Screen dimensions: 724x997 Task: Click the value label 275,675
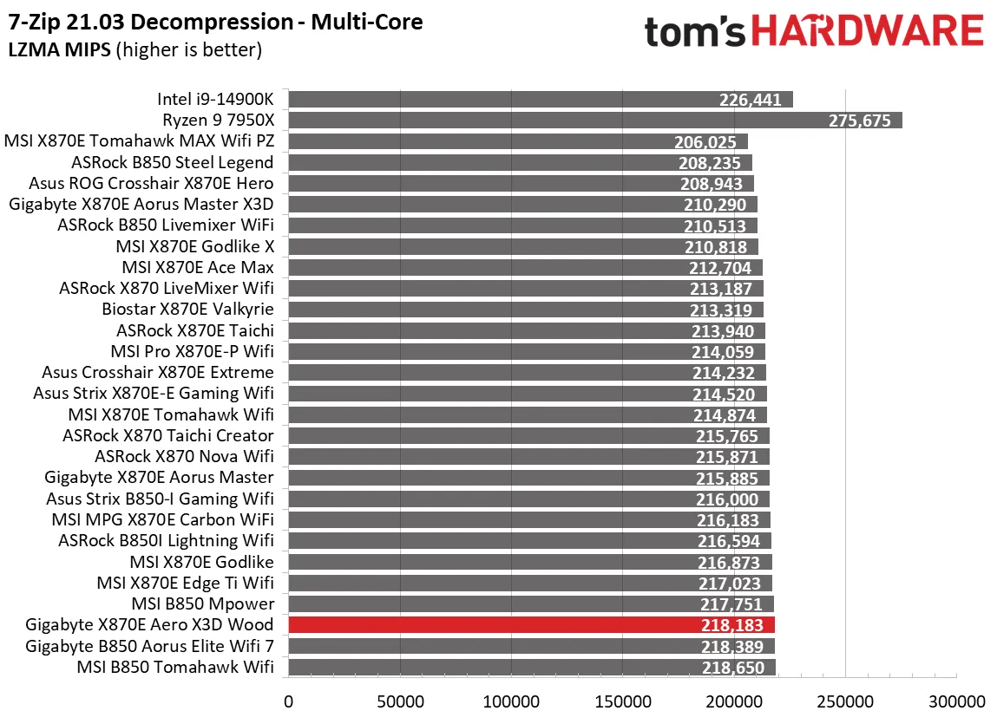pos(860,121)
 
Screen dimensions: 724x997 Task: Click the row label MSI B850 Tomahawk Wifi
pos(175,667)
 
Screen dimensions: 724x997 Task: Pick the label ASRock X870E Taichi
pos(195,330)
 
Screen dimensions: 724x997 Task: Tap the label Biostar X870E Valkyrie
pos(187,310)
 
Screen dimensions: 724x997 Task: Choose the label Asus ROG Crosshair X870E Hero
pos(151,183)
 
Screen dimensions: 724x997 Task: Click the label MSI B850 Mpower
pos(202,603)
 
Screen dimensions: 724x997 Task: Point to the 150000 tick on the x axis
pos(622,700)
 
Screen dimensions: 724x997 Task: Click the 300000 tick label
pos(956,700)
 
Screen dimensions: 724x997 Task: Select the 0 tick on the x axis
pos(288,700)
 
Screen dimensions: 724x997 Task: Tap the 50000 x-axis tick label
pos(399,700)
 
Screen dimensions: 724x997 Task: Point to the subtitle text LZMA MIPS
pos(59,50)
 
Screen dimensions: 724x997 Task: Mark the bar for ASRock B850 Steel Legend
pos(520,162)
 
